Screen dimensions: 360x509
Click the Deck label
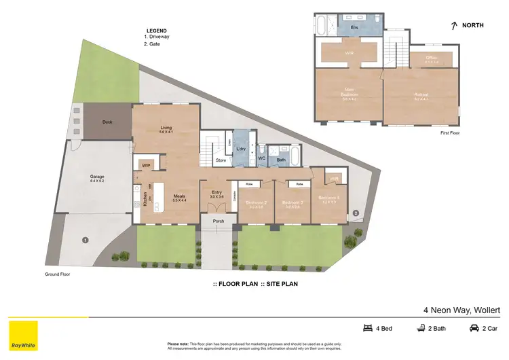point(107,122)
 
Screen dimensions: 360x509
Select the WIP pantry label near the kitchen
point(145,165)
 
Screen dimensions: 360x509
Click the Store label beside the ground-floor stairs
point(221,161)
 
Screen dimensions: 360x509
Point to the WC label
point(261,158)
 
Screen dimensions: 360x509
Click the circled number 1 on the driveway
point(85,239)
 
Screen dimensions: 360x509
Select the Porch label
point(219,221)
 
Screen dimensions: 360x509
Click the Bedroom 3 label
point(292,202)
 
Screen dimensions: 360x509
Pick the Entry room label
point(216,194)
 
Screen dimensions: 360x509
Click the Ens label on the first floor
point(354,27)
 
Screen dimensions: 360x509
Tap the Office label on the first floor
point(432,58)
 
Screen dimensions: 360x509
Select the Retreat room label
point(421,95)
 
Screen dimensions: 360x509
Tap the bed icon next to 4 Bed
point(368,328)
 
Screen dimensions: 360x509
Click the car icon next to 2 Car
point(473,328)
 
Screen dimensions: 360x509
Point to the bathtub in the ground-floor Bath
point(295,160)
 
